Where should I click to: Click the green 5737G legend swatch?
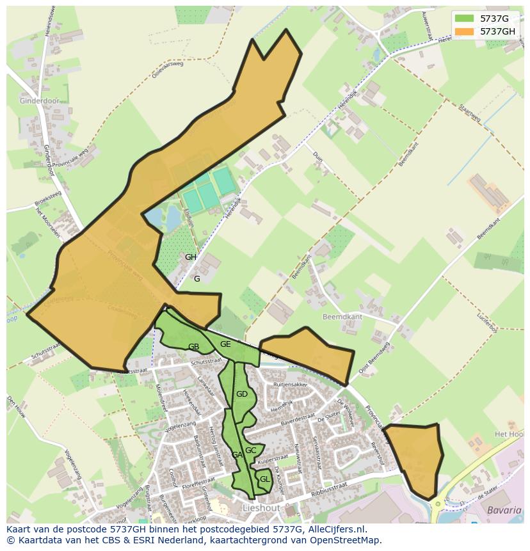pos(465,19)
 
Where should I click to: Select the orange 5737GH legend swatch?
pos(465,31)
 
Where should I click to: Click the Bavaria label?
pos(504,511)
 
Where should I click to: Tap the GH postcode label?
pos(191,257)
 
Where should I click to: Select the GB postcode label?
pos(194,347)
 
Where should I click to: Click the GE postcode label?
pos(225,344)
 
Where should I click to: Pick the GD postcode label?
pos(241,394)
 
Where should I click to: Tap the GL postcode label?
pos(264,479)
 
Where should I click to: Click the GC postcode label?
pos(251,451)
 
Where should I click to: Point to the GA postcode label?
pos(237,455)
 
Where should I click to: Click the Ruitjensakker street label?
pos(291,385)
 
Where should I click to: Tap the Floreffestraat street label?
pos(197,480)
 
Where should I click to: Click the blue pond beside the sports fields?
pos(165,218)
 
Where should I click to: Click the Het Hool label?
pos(510,434)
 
